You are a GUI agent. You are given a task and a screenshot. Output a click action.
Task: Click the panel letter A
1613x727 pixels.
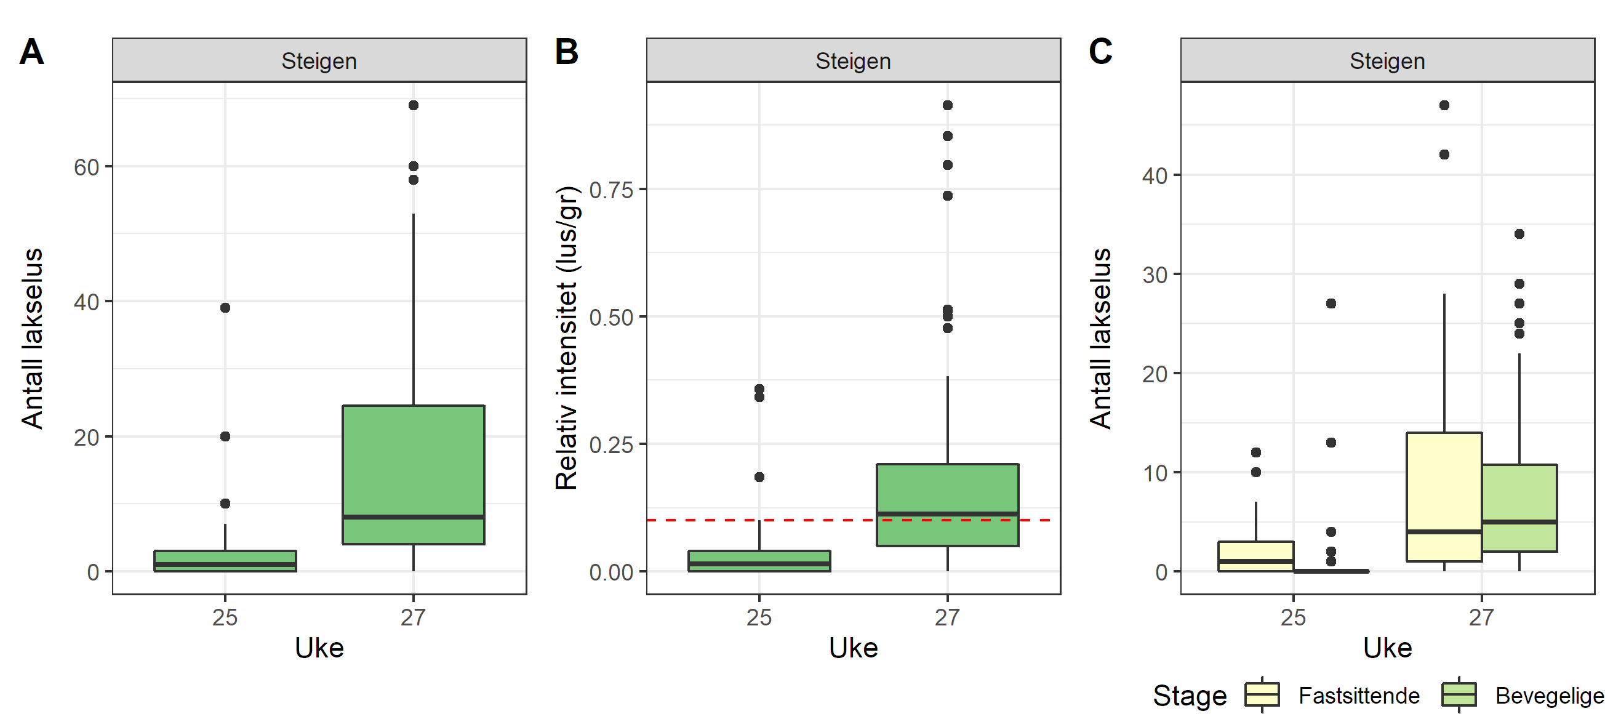pyautogui.click(x=31, y=51)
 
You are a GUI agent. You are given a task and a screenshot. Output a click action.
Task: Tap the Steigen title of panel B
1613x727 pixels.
pyautogui.click(x=853, y=62)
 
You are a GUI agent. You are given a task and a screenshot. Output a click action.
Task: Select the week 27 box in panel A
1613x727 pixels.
pyautogui.click(x=414, y=474)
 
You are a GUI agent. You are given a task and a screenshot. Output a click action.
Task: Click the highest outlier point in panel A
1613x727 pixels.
pyautogui.click(x=414, y=105)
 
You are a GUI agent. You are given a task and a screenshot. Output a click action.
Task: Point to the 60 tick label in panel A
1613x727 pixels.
pyautogui.click(x=86, y=167)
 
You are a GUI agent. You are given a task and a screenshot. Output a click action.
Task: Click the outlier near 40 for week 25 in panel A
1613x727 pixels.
pyautogui.click(x=225, y=307)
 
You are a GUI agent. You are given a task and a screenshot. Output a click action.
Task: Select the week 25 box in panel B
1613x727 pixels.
pyautogui.click(x=759, y=560)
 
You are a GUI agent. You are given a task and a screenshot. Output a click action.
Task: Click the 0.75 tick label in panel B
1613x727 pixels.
pyautogui.click(x=611, y=190)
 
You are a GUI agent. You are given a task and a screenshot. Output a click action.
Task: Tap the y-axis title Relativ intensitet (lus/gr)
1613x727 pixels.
pyautogui.click(x=567, y=338)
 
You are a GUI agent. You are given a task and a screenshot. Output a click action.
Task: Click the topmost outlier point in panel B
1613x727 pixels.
pyautogui.click(x=947, y=105)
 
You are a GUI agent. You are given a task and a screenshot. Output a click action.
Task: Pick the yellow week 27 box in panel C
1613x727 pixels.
pyautogui.click(x=1444, y=496)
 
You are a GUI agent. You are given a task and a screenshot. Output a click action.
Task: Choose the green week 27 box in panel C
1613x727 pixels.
pyautogui.click(x=1519, y=507)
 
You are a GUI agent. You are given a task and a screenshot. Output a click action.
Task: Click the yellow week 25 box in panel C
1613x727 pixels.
pyautogui.click(x=1255, y=556)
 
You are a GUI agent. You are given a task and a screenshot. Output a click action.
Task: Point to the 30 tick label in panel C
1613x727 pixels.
pyautogui.click(x=1155, y=275)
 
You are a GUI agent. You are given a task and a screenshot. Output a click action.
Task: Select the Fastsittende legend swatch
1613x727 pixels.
pyautogui.click(x=1262, y=694)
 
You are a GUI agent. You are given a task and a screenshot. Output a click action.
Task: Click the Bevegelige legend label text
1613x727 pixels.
pyautogui.click(x=1549, y=696)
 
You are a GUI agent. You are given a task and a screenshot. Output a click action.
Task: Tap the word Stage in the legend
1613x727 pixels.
pyautogui.click(x=1190, y=696)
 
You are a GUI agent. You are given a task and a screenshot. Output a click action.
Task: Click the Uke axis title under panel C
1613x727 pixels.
pyautogui.click(x=1388, y=648)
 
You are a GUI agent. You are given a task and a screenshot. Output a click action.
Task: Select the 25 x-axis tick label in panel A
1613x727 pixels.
pyautogui.click(x=225, y=617)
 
